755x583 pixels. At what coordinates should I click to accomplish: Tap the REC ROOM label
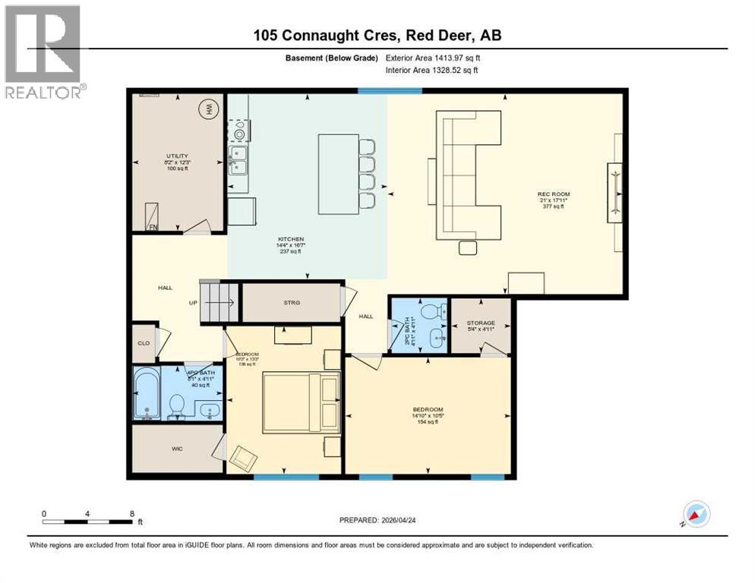click(x=552, y=194)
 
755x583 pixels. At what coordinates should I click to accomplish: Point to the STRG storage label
click(x=292, y=302)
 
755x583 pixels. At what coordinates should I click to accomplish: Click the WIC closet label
click(x=176, y=449)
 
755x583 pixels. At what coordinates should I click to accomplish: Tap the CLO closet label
click(x=143, y=342)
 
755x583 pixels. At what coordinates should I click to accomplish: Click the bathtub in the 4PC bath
click(x=147, y=393)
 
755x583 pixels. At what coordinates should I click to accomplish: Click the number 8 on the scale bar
click(x=132, y=514)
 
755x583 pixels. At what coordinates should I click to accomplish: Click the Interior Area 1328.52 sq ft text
click(x=431, y=71)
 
